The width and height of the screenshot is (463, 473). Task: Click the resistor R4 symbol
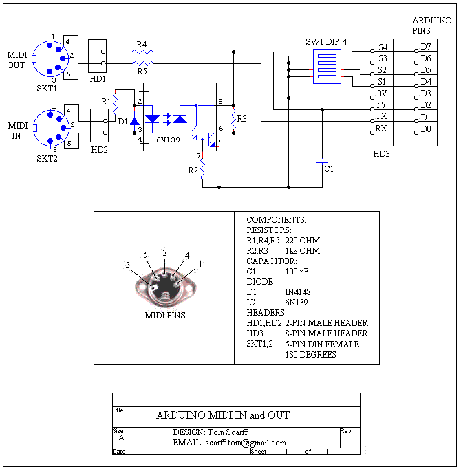click(x=142, y=52)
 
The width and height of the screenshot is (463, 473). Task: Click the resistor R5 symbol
click(x=142, y=63)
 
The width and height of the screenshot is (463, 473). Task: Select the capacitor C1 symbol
click(x=321, y=162)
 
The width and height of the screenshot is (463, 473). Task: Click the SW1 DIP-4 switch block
click(x=327, y=65)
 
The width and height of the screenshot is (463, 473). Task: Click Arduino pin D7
click(x=425, y=47)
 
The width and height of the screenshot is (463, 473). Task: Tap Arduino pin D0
click(x=425, y=129)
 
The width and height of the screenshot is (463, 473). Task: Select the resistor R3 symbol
click(x=233, y=118)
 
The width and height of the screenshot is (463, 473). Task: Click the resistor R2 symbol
click(x=203, y=172)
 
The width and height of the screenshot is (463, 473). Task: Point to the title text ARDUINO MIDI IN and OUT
click(x=223, y=415)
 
